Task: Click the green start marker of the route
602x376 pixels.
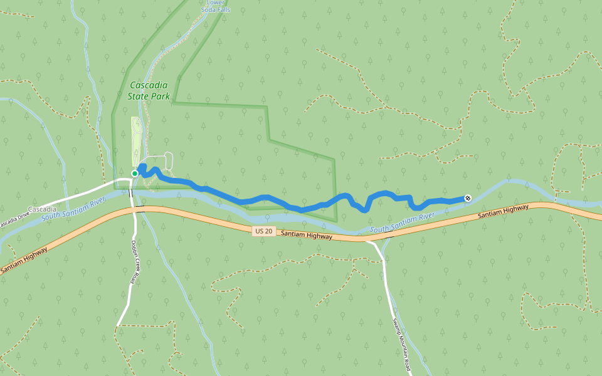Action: (134, 174)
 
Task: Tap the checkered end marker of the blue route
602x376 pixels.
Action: (467, 199)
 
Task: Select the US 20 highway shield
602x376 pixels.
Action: (263, 231)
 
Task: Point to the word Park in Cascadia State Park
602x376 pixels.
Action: (161, 97)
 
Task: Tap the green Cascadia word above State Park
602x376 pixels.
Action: (149, 86)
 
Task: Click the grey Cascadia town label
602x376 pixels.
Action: (43, 209)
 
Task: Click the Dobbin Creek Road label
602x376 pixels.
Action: (134, 262)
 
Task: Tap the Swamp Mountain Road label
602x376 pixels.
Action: (401, 343)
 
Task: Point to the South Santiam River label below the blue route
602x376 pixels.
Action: (402, 223)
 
